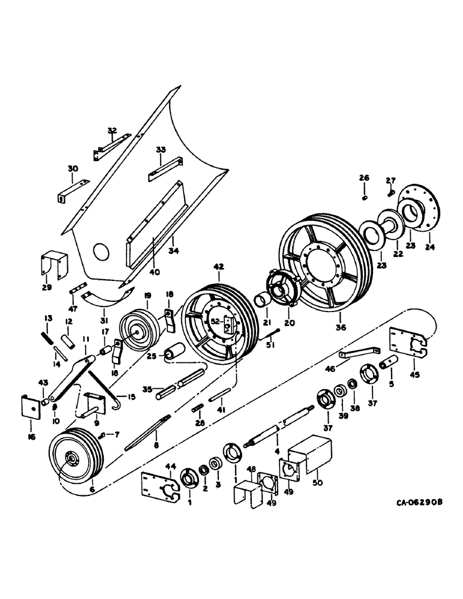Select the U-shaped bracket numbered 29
coord(53,264)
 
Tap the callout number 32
coord(112,130)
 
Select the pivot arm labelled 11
coord(72,378)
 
